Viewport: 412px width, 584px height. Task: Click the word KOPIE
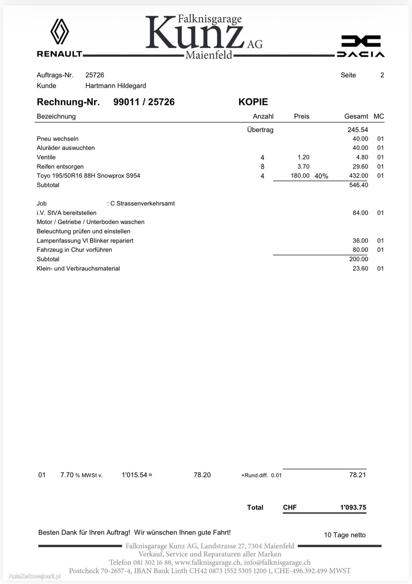click(x=253, y=102)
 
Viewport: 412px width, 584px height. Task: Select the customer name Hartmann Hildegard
click(x=116, y=86)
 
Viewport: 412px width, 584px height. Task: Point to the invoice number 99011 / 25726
click(x=144, y=102)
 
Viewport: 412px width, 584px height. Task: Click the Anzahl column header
click(x=263, y=116)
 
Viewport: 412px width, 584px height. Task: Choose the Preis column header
click(x=302, y=116)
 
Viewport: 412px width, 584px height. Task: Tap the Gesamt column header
click(x=356, y=116)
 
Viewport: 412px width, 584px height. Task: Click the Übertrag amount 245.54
click(x=358, y=130)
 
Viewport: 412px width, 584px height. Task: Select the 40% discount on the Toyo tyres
click(x=321, y=176)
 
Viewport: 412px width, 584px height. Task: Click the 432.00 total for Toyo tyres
click(x=359, y=176)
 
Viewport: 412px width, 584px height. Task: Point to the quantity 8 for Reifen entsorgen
click(x=263, y=167)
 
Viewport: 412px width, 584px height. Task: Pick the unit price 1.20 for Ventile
click(x=303, y=157)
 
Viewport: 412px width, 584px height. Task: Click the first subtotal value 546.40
click(x=359, y=185)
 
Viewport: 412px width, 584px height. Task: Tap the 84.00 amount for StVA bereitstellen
click(x=360, y=213)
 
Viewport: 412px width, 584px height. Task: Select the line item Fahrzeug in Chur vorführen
click(x=74, y=250)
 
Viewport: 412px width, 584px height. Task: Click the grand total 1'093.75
click(x=353, y=508)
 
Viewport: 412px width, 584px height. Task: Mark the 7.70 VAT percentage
click(x=67, y=475)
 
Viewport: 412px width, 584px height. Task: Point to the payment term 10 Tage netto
click(x=345, y=535)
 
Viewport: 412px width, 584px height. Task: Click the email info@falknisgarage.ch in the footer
click(x=277, y=563)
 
